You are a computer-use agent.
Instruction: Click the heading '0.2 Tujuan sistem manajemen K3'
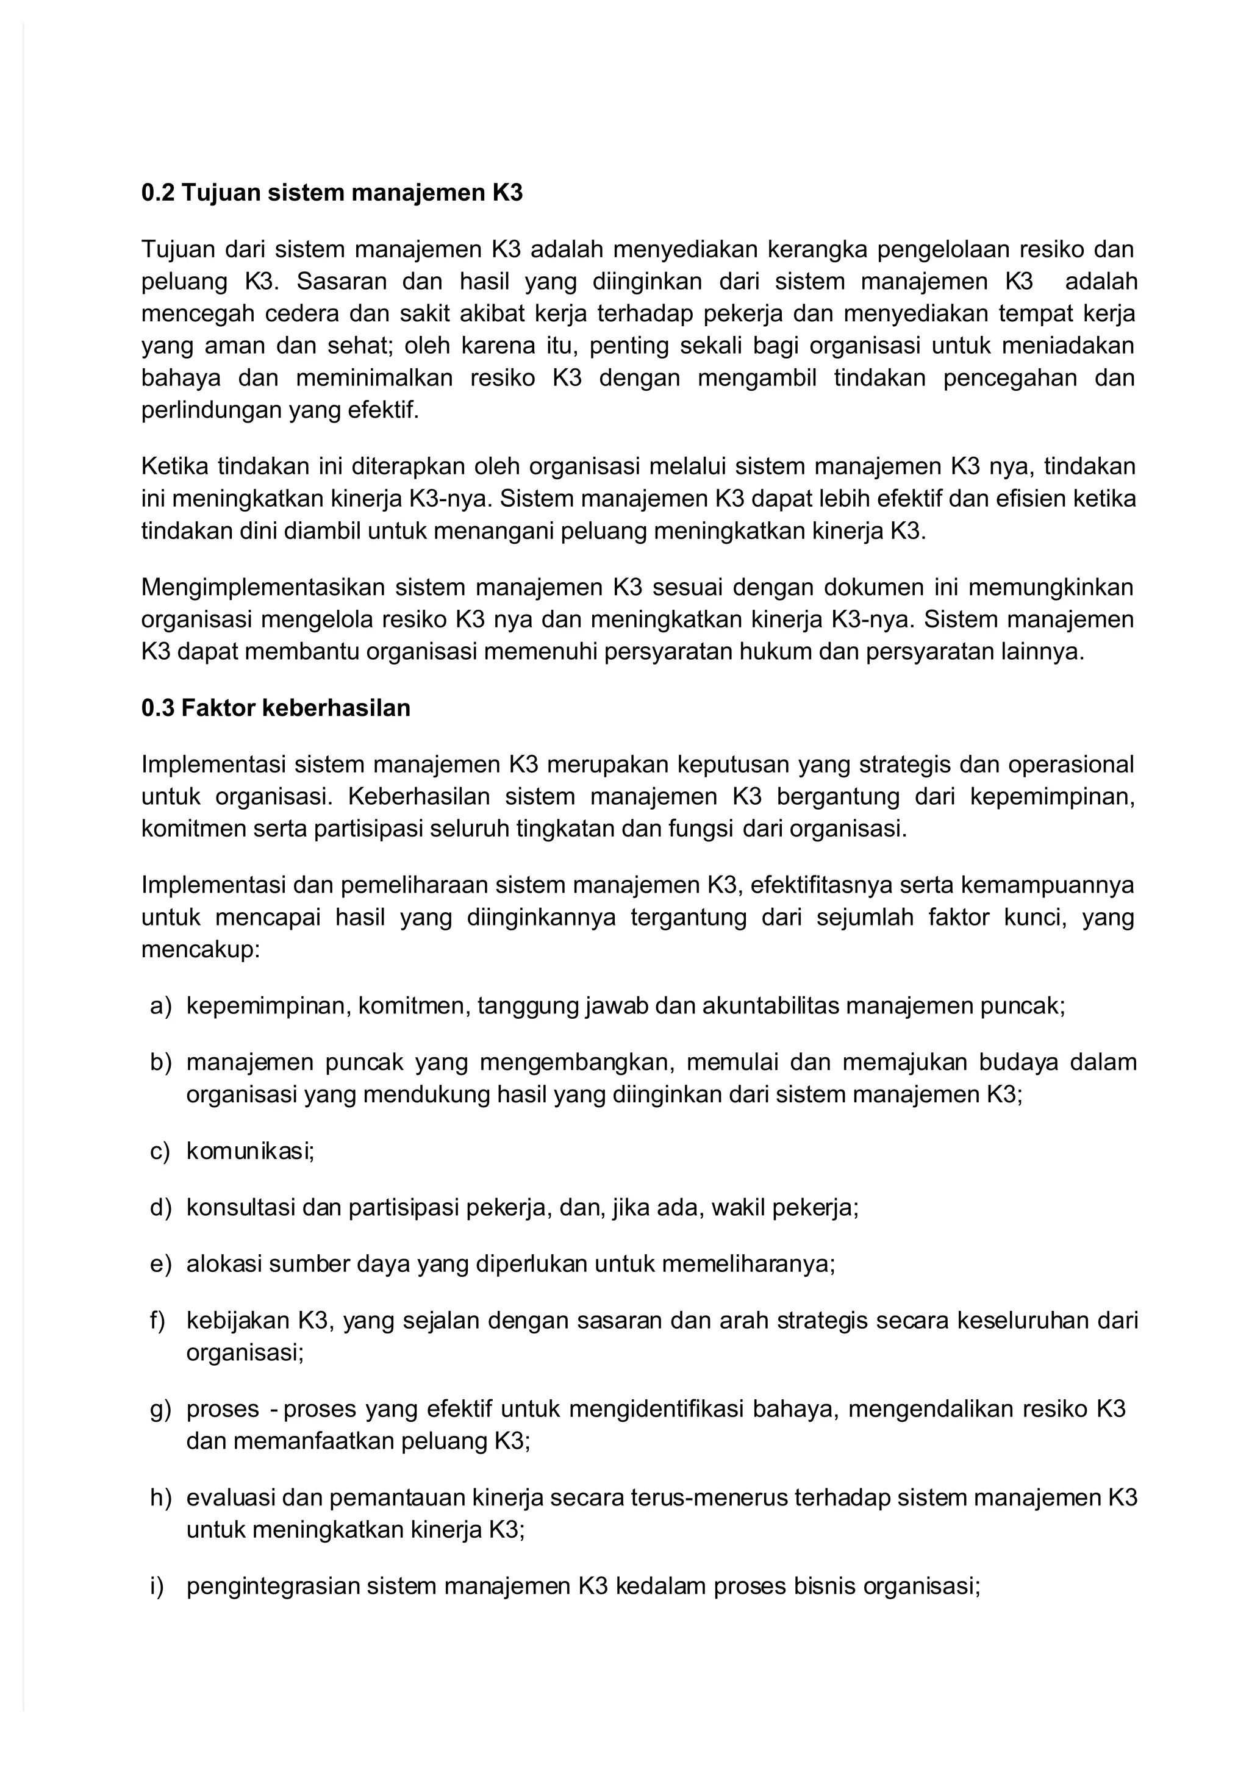332,193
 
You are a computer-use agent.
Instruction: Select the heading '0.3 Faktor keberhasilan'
275,708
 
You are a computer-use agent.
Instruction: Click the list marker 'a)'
160,1006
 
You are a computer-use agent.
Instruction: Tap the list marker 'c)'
160,1151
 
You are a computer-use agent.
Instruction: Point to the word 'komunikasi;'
251,1151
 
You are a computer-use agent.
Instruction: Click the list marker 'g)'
160,1409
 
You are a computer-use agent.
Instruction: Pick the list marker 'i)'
158,1586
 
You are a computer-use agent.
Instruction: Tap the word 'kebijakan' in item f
238,1321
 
